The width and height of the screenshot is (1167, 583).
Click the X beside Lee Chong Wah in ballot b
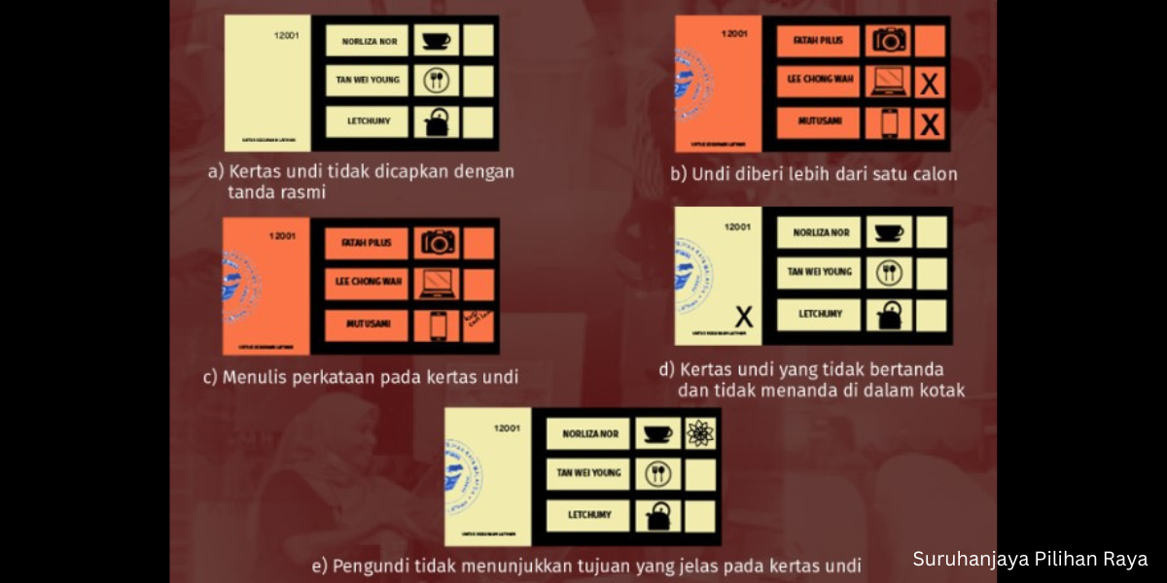[x=930, y=83]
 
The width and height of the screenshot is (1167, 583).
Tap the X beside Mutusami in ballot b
[x=930, y=124]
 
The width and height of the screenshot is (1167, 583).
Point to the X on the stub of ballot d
[x=744, y=316]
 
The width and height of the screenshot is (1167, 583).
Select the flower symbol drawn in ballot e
[x=699, y=433]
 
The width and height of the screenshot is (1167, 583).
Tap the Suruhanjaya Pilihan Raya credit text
[x=1030, y=559]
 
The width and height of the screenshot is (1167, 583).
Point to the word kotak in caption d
[x=938, y=391]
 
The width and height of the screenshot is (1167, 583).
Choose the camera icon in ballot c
[x=438, y=243]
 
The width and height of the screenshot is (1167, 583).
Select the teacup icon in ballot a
[x=437, y=41]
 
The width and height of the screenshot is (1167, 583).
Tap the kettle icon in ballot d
[x=889, y=315]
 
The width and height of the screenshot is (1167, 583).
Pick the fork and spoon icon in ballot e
[x=657, y=474]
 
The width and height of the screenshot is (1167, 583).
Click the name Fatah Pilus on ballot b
[x=818, y=41]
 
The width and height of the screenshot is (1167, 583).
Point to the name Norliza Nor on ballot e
[x=588, y=433]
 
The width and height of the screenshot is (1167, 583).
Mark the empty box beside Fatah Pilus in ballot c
[x=478, y=243]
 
